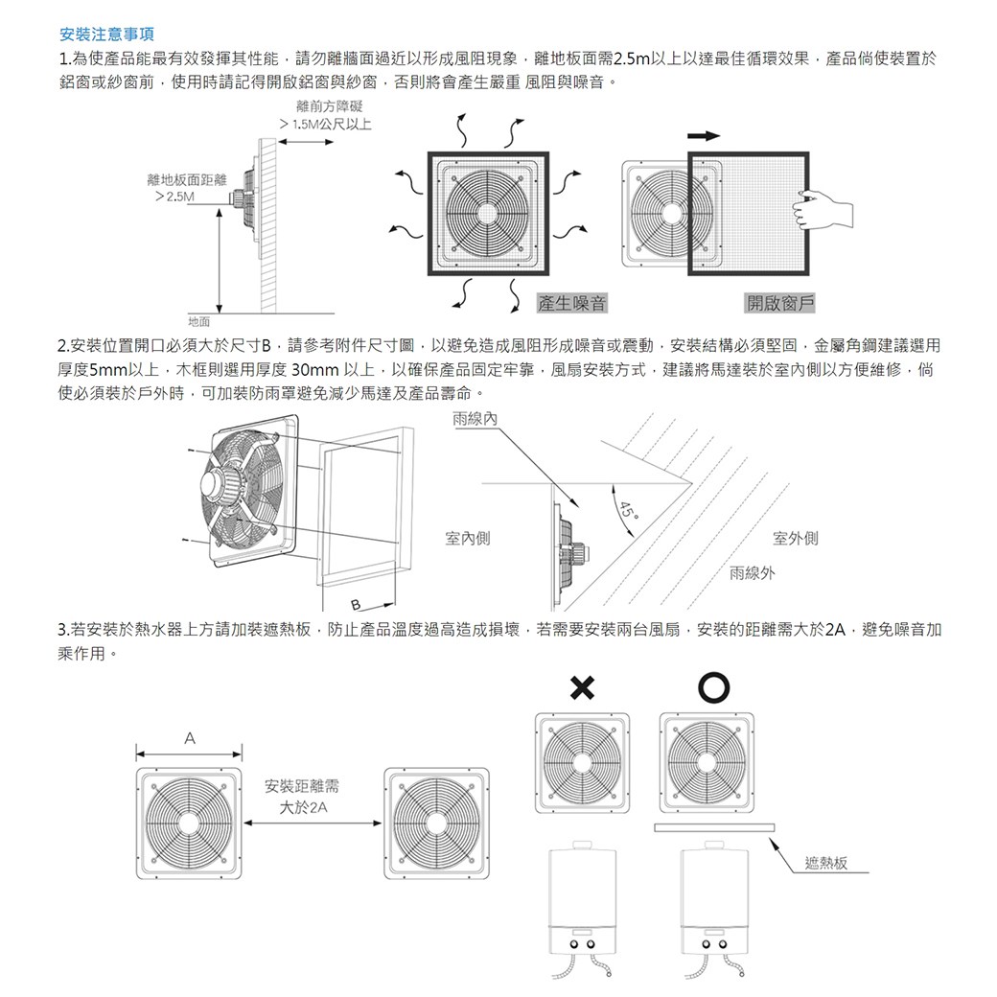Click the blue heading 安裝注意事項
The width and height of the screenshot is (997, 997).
click(101, 35)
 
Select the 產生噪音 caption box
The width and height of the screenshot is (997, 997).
click(572, 304)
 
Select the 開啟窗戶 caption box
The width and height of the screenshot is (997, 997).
click(780, 304)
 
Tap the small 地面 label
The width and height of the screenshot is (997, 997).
click(200, 320)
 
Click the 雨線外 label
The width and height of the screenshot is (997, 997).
click(753, 573)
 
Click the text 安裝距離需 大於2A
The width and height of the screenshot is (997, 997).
click(303, 798)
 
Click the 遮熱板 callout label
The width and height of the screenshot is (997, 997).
click(826, 864)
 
